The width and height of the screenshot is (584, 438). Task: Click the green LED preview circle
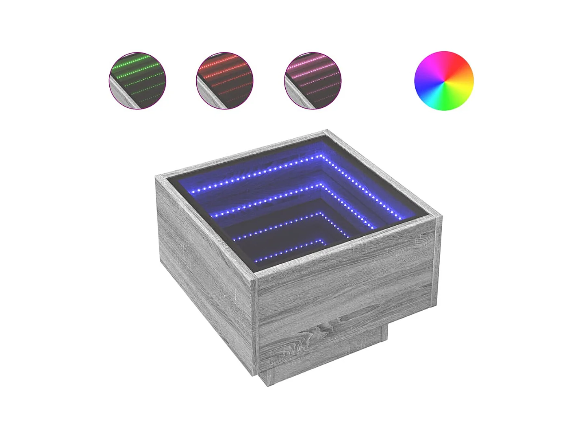click(x=137, y=80)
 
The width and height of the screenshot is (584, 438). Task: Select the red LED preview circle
click(x=225, y=80)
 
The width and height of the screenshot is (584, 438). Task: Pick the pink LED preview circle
click(x=313, y=80)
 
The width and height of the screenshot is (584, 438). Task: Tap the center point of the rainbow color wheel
click(x=444, y=80)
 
